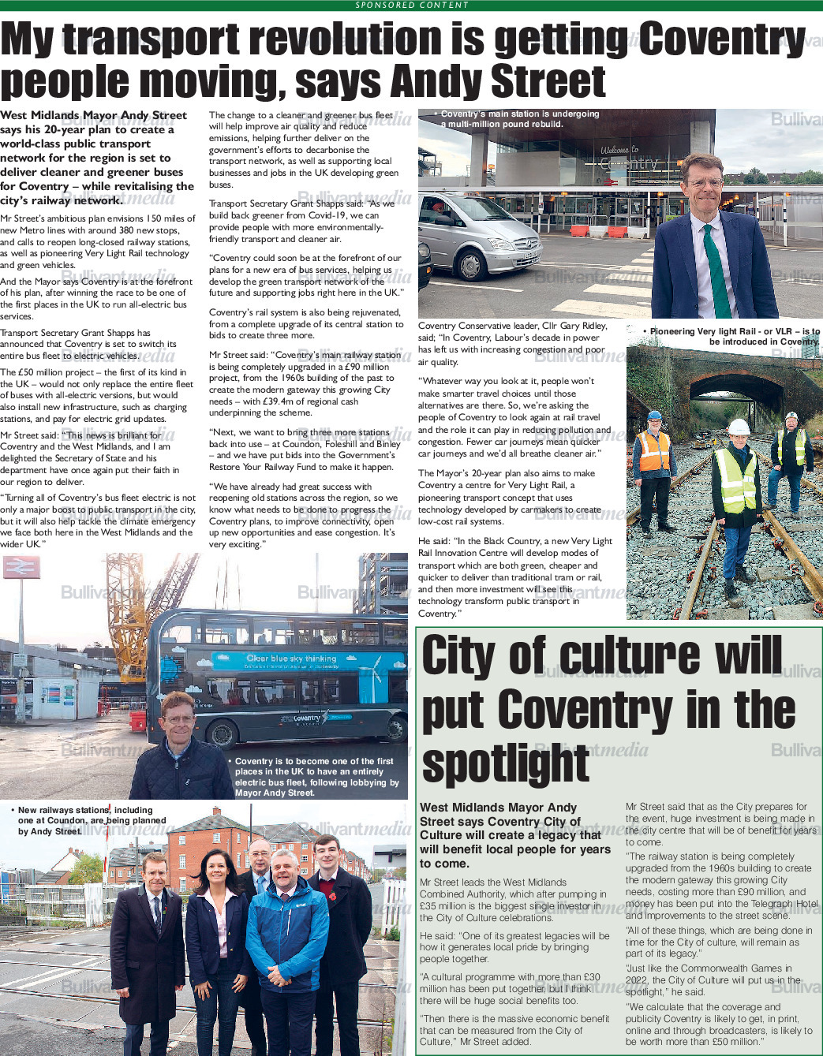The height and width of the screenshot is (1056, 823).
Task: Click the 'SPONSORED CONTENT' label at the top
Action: [411, 5]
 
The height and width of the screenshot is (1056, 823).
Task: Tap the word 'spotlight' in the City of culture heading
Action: [505, 763]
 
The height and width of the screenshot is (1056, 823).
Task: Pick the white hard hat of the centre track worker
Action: [738, 427]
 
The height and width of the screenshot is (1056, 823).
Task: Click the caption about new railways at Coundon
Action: [87, 820]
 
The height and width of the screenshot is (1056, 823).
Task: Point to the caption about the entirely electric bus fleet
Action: [316, 777]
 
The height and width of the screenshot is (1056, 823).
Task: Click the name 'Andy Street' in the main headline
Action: [498, 81]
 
